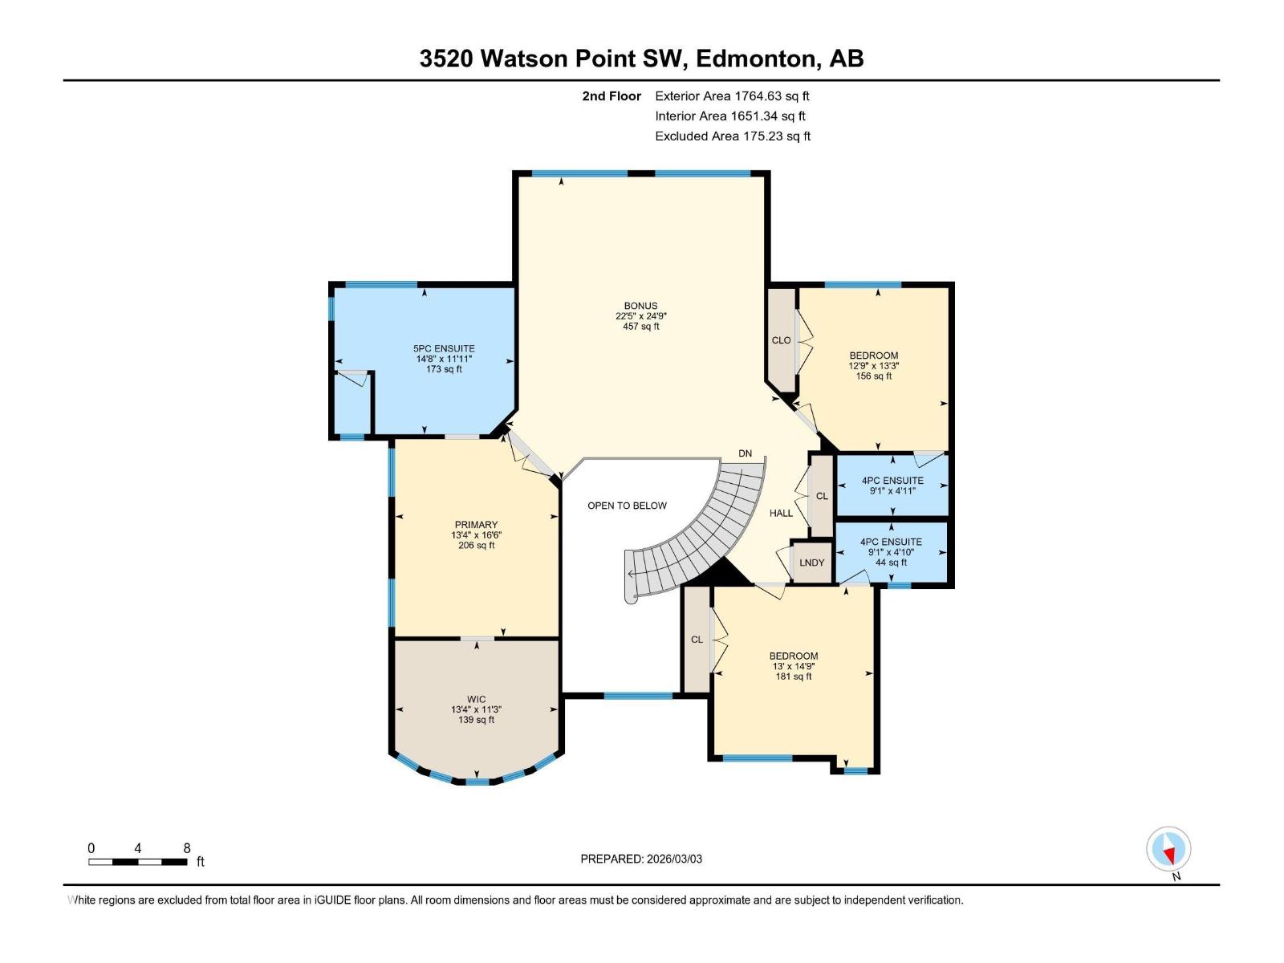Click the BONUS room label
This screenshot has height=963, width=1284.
point(640,306)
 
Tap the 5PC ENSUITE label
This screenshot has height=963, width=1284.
point(444,349)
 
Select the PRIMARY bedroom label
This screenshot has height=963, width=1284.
point(476,525)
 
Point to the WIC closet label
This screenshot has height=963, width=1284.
point(476,699)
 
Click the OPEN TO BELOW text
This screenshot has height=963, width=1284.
point(627,506)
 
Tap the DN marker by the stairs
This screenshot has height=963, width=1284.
point(745,453)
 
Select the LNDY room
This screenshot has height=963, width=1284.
point(811,563)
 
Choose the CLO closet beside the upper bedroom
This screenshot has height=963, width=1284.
point(781,340)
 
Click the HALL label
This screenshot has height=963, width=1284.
point(781,513)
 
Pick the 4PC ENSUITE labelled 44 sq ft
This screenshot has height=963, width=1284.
point(891,552)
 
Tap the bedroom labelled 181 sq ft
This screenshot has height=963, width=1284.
point(793,666)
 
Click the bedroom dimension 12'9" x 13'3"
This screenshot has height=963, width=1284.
point(873,366)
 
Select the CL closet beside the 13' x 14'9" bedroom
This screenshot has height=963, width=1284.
point(697,640)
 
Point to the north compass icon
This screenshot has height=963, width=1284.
point(1168,850)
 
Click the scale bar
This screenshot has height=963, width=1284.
point(138,862)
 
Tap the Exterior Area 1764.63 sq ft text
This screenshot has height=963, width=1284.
point(732,96)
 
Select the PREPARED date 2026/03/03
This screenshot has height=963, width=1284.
point(641,859)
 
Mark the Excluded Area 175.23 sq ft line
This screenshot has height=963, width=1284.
point(732,136)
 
